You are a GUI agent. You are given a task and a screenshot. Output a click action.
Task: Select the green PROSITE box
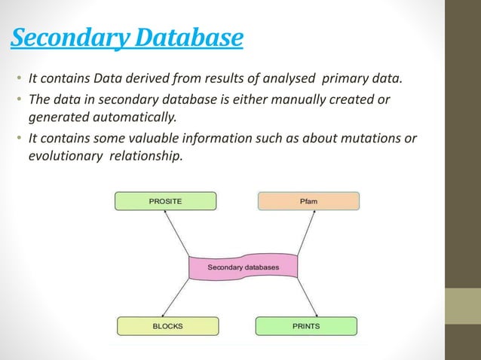coord(165,201)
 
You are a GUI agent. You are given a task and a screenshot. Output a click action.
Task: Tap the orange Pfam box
coord(308,201)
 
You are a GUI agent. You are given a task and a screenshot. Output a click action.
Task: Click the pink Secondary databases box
coord(243,267)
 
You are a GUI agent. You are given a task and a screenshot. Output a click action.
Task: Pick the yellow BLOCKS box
coord(167,326)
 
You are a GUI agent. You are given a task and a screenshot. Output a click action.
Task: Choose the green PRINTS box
coord(306,326)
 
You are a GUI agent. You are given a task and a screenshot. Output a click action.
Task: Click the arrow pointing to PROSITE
coord(180,233)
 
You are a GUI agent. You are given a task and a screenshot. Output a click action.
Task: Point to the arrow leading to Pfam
coord(305,233)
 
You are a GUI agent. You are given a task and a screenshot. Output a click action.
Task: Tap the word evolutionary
coord(60,157)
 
